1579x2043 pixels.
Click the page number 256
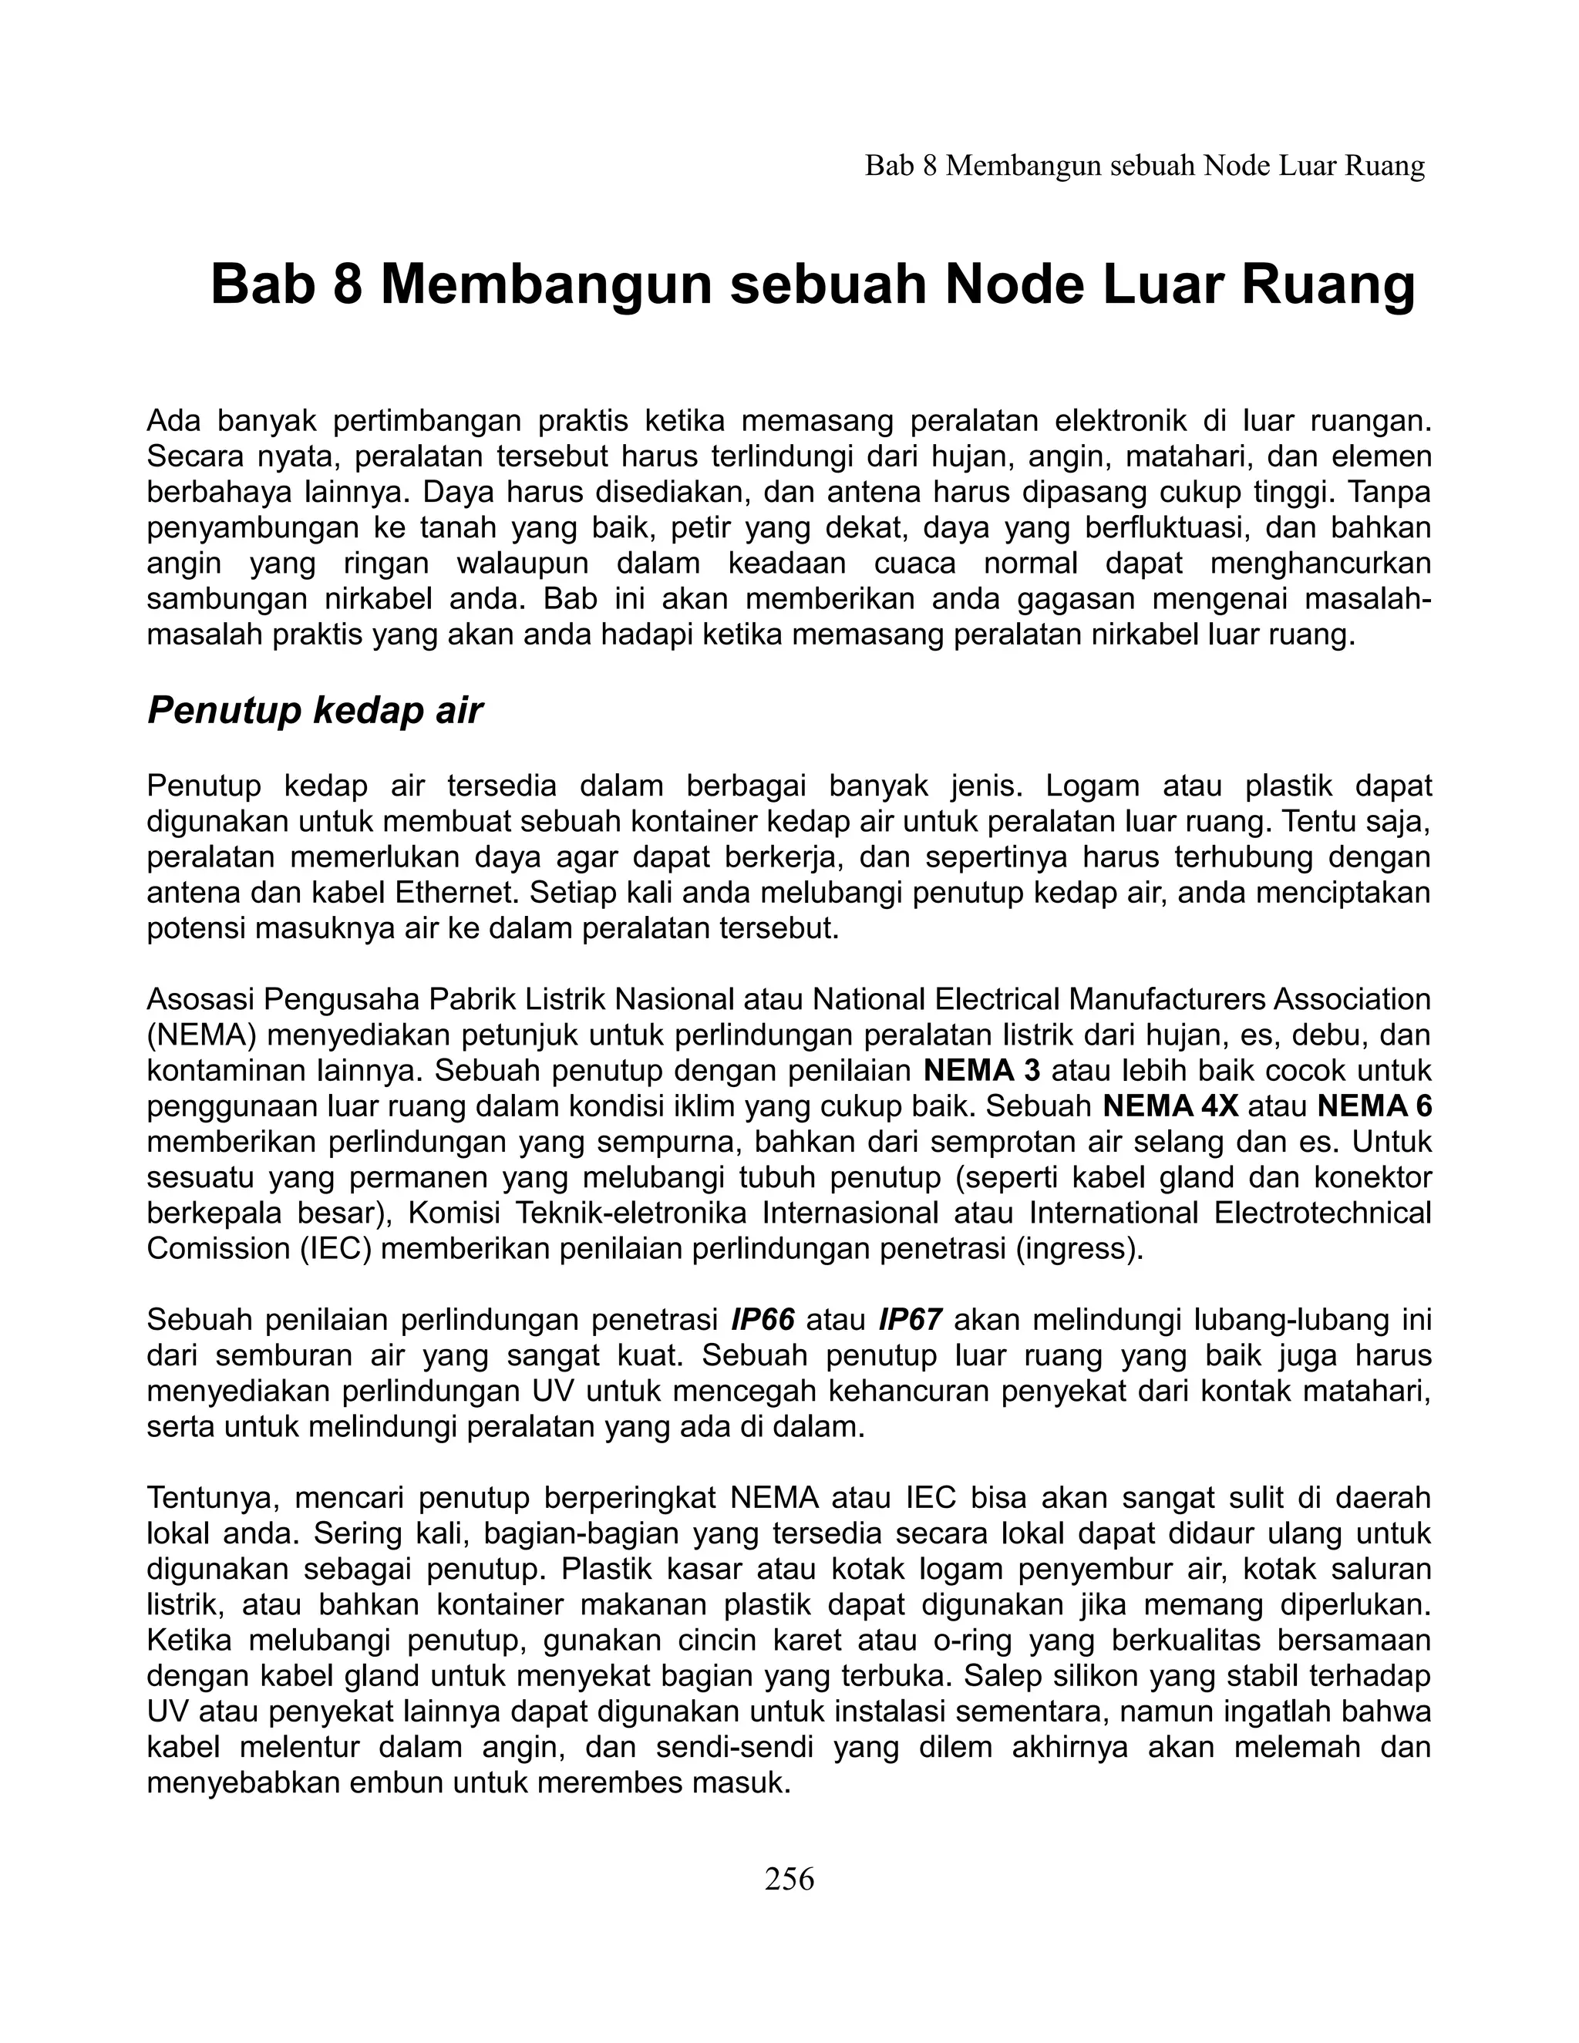tap(789, 1878)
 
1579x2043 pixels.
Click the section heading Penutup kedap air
tap(315, 712)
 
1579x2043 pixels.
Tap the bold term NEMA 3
tap(981, 1070)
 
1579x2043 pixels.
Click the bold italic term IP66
tap(763, 1320)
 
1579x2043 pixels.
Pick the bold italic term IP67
tap(911, 1320)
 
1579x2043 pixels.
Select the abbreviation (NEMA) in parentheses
tap(194, 1035)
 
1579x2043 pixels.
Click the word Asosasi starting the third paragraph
tap(200, 999)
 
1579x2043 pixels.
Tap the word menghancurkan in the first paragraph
tap(1320, 564)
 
